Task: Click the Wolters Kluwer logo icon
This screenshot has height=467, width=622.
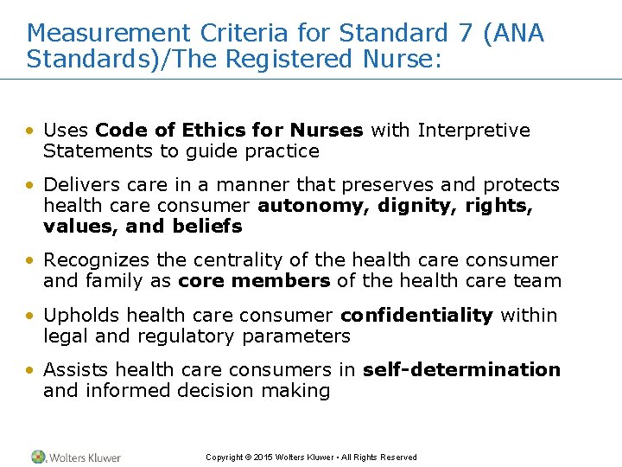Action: coord(39,457)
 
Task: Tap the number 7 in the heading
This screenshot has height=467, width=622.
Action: coord(463,34)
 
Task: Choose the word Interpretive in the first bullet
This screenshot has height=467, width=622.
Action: coord(473,131)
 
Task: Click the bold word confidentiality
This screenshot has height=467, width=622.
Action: coord(416,315)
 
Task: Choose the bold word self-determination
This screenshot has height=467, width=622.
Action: coord(461,369)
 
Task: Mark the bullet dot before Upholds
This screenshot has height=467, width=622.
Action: coord(30,316)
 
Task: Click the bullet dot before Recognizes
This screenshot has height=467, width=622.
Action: coord(30,261)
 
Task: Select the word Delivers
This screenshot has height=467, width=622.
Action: coord(76,185)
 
